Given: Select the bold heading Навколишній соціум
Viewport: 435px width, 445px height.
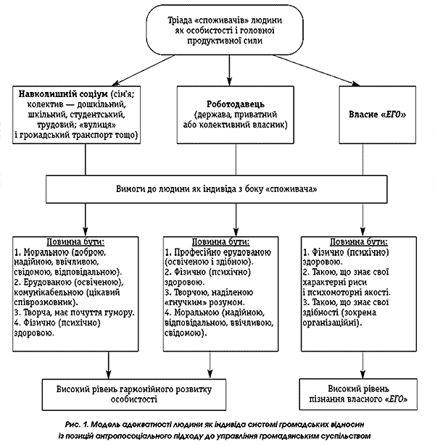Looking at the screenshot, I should [60, 94].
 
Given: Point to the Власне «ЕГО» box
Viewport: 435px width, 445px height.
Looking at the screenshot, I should [376, 115].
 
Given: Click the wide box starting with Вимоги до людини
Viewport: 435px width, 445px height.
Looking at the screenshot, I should [217, 187].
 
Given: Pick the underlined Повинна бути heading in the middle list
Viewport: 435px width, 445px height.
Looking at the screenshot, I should [221, 241].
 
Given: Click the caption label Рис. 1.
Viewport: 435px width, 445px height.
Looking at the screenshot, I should [75, 423].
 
